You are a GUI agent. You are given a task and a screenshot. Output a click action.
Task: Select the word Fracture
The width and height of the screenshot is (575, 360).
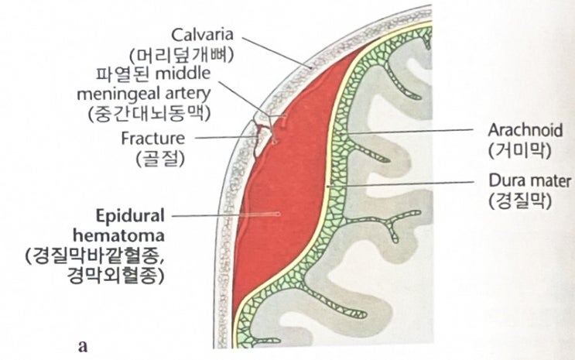click(x=154, y=139)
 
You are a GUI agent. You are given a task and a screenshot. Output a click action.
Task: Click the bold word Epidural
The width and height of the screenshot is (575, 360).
click(x=130, y=212)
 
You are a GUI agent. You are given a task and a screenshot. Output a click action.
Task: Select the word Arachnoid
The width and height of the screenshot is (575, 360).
click(x=525, y=127)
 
